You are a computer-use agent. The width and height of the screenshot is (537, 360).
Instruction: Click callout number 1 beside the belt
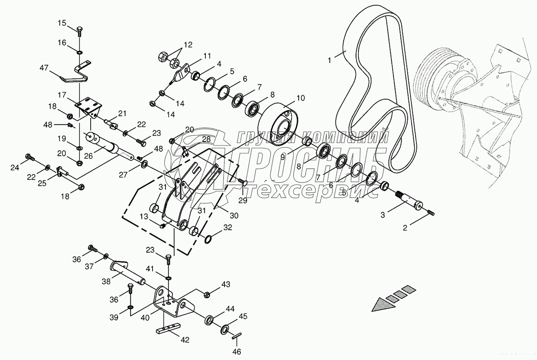point(330,60)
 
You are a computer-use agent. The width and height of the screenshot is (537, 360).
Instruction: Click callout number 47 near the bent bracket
point(44,68)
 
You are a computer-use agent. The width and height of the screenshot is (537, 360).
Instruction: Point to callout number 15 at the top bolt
point(62,23)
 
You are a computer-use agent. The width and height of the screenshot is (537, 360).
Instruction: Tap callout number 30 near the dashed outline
point(233,216)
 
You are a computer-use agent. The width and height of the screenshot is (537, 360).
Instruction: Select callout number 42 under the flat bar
point(185,339)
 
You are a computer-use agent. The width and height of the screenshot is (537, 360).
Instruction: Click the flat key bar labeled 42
point(169,326)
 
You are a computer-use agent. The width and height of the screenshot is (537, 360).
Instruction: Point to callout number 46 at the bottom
point(237,352)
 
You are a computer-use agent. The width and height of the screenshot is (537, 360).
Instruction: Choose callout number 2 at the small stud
point(405,228)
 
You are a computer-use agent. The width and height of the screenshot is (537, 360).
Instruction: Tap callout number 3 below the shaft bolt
point(383,215)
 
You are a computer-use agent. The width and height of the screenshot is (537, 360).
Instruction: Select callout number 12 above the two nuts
point(188,45)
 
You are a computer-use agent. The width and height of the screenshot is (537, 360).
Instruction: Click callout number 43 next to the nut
point(226,285)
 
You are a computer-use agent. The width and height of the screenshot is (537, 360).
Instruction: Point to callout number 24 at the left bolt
point(15,168)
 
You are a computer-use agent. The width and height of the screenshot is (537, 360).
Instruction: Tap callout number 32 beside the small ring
point(228,227)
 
